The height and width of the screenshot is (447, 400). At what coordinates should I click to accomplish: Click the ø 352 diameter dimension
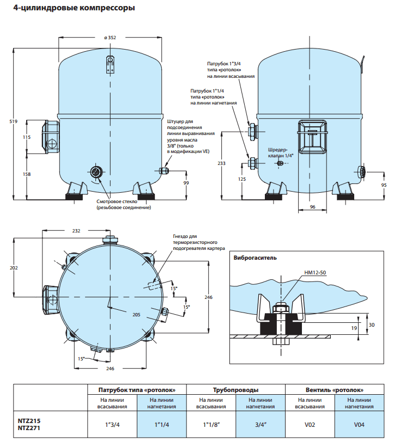coord(110,38)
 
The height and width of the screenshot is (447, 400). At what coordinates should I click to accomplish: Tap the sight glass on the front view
coord(96,173)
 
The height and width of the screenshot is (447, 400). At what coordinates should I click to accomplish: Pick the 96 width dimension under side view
coord(312,207)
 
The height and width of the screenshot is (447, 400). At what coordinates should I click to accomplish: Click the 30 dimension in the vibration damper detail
coord(372,324)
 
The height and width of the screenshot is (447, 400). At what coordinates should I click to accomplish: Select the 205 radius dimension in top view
coord(136,315)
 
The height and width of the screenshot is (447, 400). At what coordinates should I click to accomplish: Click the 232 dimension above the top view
coord(76,231)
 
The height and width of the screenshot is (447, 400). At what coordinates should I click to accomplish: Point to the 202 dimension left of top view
coord(14,268)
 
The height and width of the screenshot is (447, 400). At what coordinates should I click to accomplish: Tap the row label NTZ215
coord(29,421)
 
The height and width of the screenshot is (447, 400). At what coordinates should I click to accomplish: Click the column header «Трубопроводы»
coord(235,390)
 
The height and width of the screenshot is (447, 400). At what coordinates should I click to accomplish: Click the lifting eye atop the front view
coord(110,60)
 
